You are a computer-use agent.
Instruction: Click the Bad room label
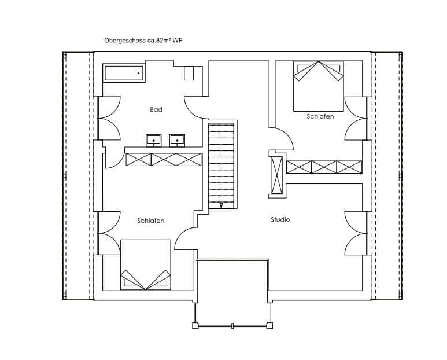156,109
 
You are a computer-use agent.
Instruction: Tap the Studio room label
280,219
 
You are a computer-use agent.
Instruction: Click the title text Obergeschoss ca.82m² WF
143,40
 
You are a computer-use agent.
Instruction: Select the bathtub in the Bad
124,74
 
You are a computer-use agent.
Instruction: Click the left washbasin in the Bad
154,141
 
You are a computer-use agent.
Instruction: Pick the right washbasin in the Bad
178,141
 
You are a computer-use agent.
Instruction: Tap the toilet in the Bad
189,74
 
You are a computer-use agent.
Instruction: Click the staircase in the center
221,166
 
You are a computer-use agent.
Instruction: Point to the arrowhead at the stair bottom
221,205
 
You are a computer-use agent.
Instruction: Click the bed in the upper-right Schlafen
319,86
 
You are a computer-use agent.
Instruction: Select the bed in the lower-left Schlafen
146,265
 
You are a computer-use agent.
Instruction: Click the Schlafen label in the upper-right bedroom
320,116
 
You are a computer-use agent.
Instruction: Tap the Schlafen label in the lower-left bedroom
150,221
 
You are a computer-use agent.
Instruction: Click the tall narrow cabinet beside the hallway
276,175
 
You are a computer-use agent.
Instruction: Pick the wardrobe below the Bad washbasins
164,160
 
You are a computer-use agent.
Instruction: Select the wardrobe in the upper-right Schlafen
324,167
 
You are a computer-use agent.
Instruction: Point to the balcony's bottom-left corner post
195,325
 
